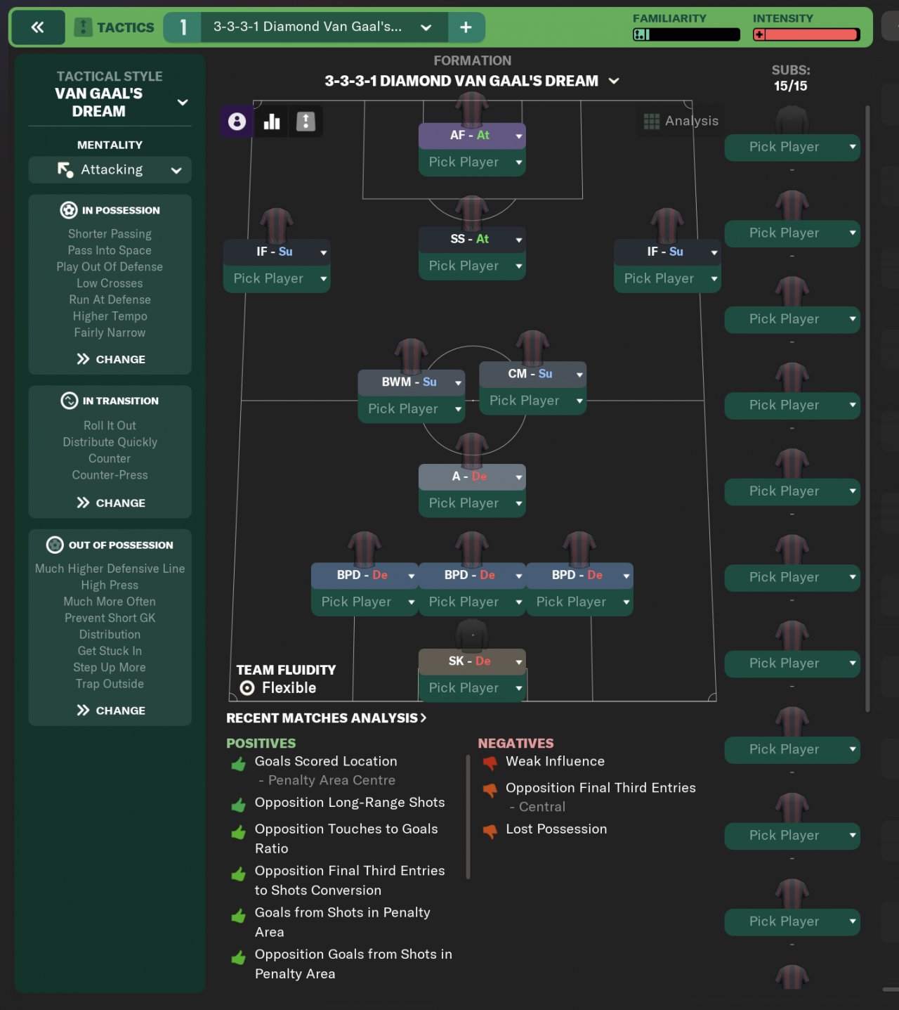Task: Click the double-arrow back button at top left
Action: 37,27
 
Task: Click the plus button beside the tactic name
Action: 466,27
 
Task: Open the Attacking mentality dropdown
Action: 110,170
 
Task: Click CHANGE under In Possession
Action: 111,359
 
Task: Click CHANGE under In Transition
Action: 111,503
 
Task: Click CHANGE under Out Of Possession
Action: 111,711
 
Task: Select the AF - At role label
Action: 470,136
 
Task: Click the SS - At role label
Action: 470,240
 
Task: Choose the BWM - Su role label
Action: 409,382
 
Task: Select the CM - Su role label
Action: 530,374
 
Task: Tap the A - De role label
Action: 469,477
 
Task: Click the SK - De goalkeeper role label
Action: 470,661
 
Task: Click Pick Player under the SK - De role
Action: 464,688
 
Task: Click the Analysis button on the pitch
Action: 681,121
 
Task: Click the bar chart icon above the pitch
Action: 272,122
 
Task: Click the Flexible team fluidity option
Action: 280,688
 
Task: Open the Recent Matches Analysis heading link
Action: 327,718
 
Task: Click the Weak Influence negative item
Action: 555,761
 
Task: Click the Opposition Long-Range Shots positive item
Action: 350,803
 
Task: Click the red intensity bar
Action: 806,34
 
